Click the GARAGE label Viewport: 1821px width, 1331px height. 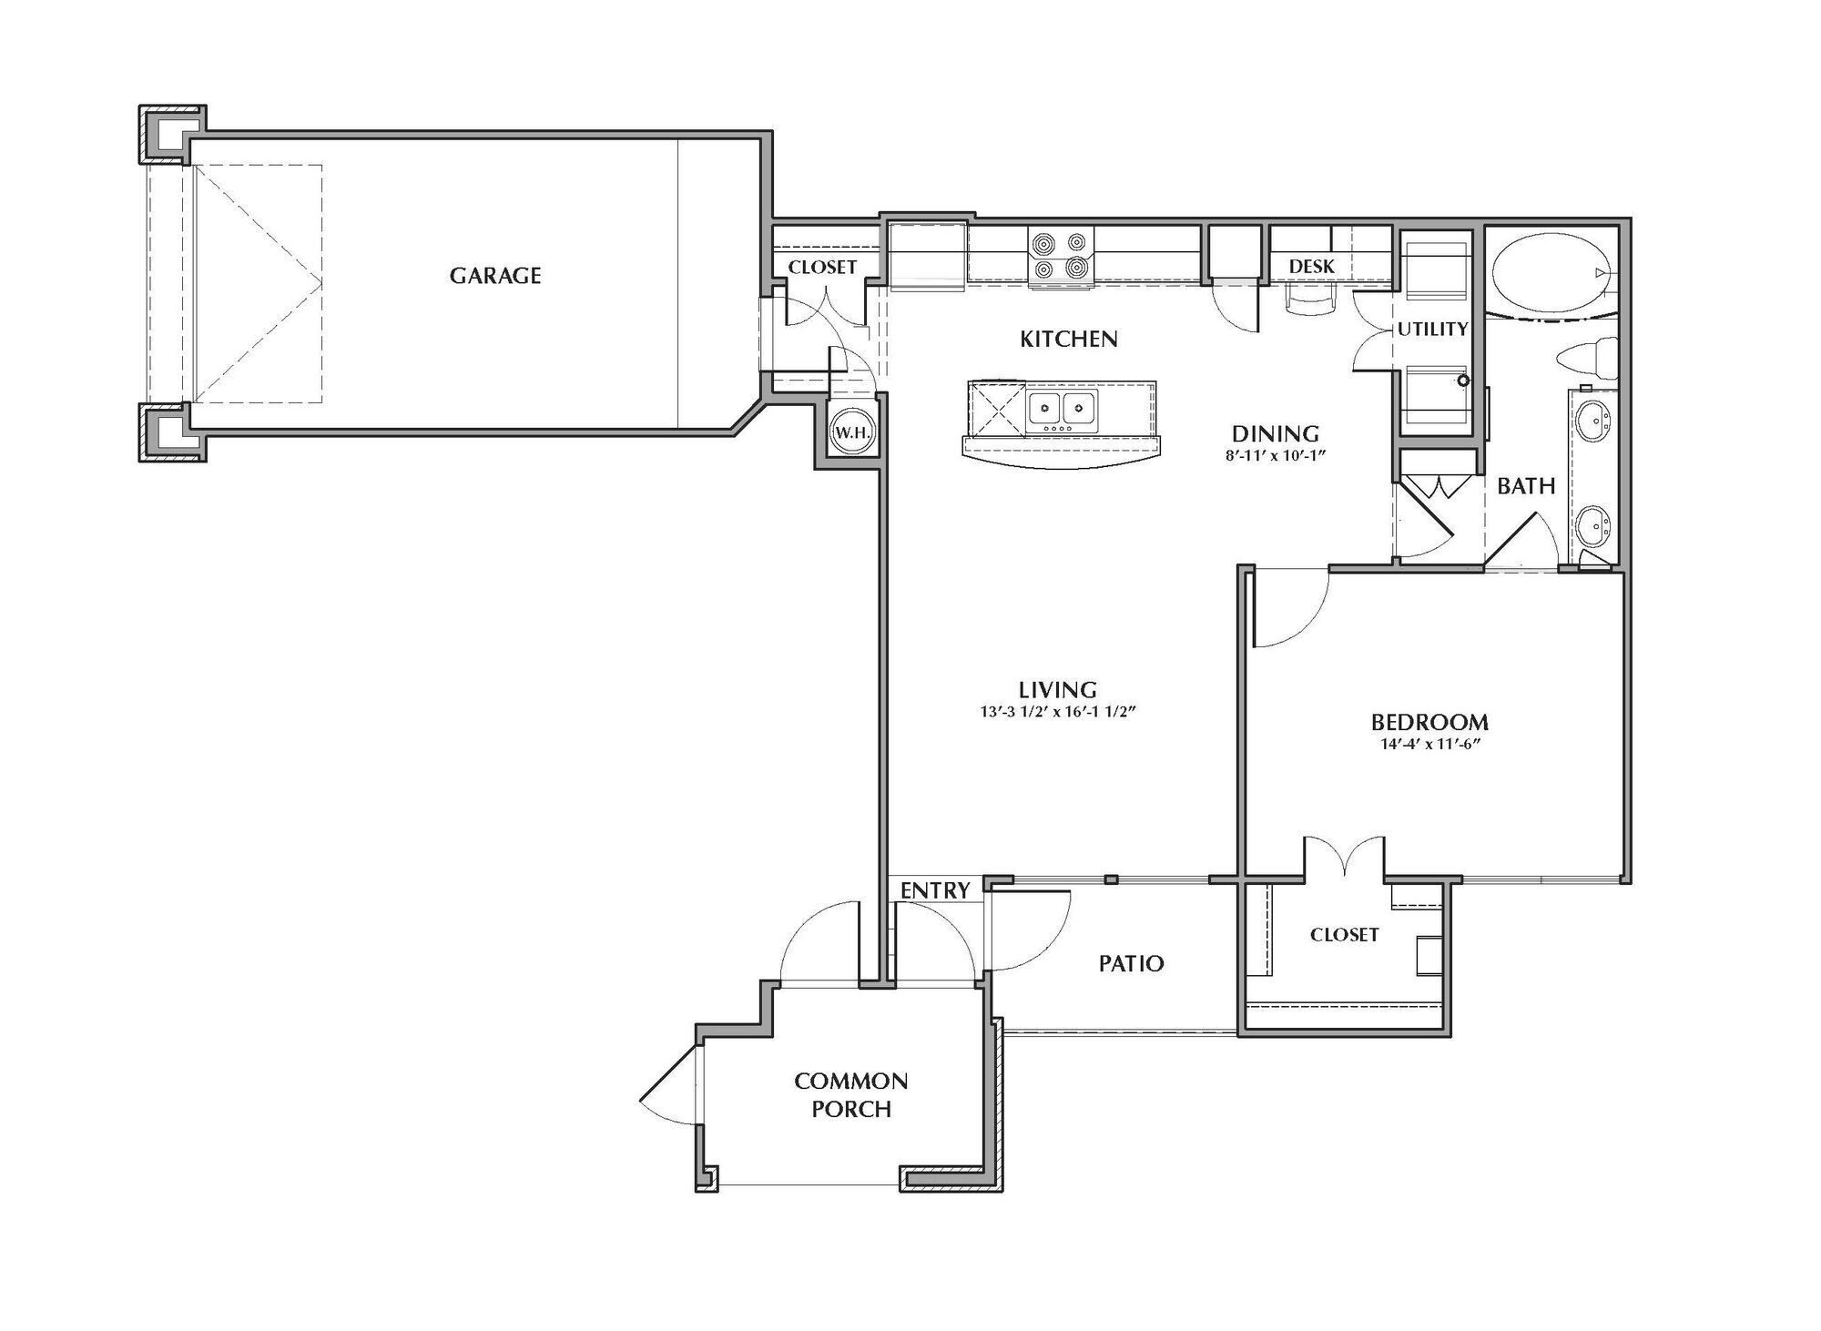(x=495, y=275)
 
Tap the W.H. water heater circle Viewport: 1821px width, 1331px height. (x=851, y=433)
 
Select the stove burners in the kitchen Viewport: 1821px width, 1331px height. (x=1061, y=256)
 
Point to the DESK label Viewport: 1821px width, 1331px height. (x=1312, y=266)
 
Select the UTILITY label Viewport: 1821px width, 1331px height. (x=1432, y=330)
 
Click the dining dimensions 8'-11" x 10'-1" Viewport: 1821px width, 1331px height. (x=1275, y=456)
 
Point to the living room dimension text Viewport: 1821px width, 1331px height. (x=1058, y=713)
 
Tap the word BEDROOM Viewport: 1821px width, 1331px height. (x=1429, y=722)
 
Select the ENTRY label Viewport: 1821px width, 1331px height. (x=935, y=890)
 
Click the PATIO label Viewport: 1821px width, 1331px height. (x=1131, y=963)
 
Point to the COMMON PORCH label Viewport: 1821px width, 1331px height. (x=851, y=1094)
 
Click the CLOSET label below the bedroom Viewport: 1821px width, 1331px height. (x=1344, y=935)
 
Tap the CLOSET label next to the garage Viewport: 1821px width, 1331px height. (x=822, y=268)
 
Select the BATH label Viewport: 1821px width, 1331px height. (x=1526, y=486)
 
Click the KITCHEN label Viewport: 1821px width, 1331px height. (x=1068, y=340)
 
